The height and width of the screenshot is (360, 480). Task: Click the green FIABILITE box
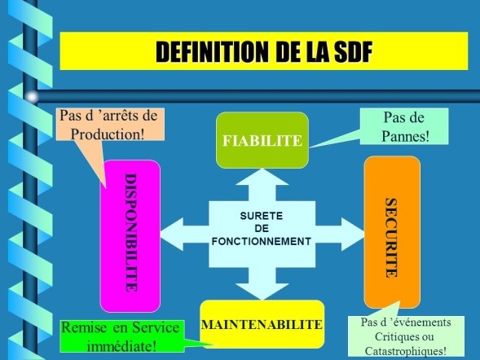(262, 140)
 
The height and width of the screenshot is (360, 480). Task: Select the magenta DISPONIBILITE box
(130, 236)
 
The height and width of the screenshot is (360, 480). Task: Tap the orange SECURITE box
(392, 232)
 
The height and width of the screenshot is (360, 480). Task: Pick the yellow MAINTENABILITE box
(262, 324)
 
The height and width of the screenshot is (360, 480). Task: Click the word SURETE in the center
(262, 216)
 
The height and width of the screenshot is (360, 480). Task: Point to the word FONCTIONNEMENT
(262, 241)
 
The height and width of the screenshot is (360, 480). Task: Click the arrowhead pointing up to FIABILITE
(262, 177)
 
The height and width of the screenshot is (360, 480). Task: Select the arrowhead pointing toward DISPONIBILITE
(172, 235)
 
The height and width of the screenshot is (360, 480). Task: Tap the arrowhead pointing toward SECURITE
(353, 235)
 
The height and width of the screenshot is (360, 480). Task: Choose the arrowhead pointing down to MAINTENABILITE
(262, 292)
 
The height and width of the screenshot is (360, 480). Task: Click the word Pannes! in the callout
(405, 136)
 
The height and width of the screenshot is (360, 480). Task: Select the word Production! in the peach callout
(108, 134)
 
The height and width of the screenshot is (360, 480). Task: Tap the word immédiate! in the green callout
(122, 346)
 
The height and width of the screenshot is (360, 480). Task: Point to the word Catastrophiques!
(406, 350)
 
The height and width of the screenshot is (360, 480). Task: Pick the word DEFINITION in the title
(212, 51)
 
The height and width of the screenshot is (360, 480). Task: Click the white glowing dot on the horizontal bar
(32, 97)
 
